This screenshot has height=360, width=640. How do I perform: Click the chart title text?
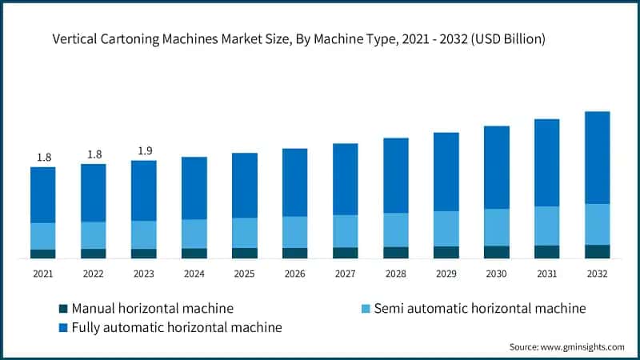(x=299, y=38)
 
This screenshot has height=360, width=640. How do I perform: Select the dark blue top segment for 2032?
(x=597, y=158)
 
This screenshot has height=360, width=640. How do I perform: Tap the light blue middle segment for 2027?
(x=346, y=230)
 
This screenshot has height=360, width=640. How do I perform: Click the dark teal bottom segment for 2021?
(x=43, y=254)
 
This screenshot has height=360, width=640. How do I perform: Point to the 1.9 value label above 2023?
(x=144, y=151)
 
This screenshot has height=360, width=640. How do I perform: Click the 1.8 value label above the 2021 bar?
(x=43, y=158)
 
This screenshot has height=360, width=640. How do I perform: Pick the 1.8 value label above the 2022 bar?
(x=94, y=154)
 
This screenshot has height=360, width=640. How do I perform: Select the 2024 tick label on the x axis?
(x=194, y=274)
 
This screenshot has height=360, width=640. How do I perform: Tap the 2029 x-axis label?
(x=446, y=274)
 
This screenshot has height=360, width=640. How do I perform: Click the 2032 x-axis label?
(x=597, y=274)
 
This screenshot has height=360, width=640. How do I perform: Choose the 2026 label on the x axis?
(x=295, y=274)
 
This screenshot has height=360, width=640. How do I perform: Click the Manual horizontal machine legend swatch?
(x=62, y=308)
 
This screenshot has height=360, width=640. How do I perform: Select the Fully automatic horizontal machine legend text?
(x=177, y=327)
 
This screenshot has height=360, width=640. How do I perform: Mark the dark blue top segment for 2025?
(x=245, y=185)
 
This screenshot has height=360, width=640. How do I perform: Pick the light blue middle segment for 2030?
(x=496, y=227)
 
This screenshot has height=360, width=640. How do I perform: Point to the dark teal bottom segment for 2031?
(x=546, y=252)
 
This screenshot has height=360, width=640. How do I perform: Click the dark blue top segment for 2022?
(x=94, y=193)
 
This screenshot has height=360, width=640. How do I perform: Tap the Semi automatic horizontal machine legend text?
(x=480, y=308)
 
